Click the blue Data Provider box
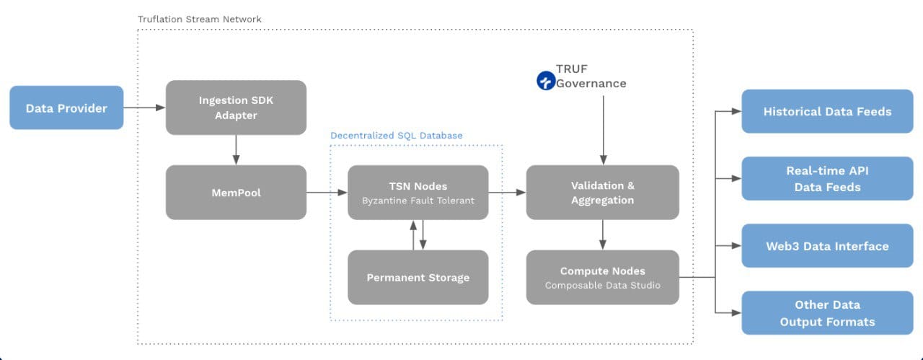pos(66,108)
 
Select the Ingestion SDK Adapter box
pos(236,107)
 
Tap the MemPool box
pos(236,193)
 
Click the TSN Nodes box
pos(418,193)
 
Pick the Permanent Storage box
pos(418,277)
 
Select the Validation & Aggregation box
pos(602,193)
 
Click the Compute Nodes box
pos(602,277)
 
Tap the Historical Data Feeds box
pos(827,111)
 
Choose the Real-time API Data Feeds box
pos(827,178)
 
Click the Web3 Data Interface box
pos(827,246)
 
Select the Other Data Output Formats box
pos(827,313)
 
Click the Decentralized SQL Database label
pos(397,135)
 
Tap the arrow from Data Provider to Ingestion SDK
pos(144,108)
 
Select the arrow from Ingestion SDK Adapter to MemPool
pos(236,150)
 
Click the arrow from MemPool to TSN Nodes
pos(327,193)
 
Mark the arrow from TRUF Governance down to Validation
pos(603,130)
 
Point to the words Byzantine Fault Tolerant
pos(418,201)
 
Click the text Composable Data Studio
pos(602,285)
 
